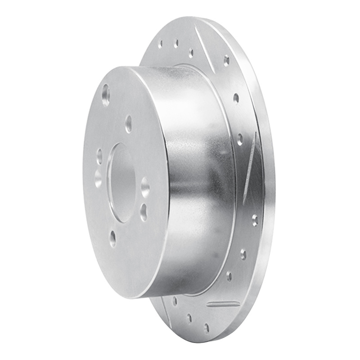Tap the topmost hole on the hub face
click(x=106, y=95)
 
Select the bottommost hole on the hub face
click(x=112, y=238)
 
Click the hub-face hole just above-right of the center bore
click(x=129, y=124)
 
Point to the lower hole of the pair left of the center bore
click(x=98, y=178)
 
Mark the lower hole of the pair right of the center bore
click(x=144, y=211)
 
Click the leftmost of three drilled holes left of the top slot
click(x=161, y=44)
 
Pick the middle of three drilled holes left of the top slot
click(x=175, y=43)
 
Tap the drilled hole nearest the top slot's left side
click(x=191, y=53)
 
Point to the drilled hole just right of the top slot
click(x=226, y=60)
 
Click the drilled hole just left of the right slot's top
click(x=240, y=139)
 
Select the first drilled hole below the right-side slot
click(x=255, y=220)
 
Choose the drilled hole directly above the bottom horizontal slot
click(x=229, y=276)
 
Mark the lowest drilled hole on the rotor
click(x=207, y=328)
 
